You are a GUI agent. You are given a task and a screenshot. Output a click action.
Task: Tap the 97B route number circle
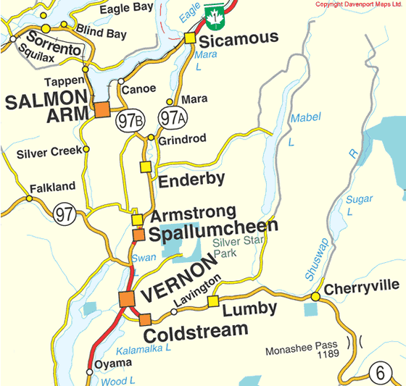[x=127, y=121]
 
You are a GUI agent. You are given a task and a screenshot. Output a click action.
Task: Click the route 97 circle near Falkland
[x=63, y=214]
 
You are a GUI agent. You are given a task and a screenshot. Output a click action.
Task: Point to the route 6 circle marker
[x=378, y=373]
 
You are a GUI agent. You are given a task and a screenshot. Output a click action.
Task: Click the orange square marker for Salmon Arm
[x=101, y=110]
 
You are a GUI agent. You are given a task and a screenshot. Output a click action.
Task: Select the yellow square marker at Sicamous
[x=190, y=38]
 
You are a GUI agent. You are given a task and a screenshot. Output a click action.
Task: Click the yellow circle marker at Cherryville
[x=315, y=297]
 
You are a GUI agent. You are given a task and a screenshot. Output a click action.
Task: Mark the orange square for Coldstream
[x=145, y=319]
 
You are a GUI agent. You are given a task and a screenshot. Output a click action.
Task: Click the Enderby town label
[x=191, y=180]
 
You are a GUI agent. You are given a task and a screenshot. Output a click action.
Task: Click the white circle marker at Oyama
[x=89, y=372]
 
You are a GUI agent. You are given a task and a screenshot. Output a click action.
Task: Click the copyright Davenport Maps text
[x=358, y=4]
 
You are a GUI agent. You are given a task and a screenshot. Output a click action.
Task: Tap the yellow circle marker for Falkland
[x=29, y=197]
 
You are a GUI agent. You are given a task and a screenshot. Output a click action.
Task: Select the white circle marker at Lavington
[x=173, y=312]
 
